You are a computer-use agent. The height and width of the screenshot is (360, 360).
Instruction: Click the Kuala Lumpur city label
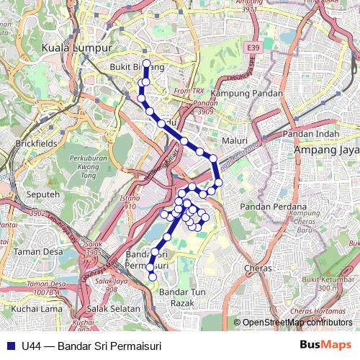(x=77, y=48)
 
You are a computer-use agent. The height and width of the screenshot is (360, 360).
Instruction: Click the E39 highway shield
(x=252, y=48)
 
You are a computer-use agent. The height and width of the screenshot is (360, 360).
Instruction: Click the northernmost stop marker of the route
(x=147, y=63)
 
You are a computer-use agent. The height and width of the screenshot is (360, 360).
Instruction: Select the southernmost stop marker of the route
(x=152, y=276)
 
